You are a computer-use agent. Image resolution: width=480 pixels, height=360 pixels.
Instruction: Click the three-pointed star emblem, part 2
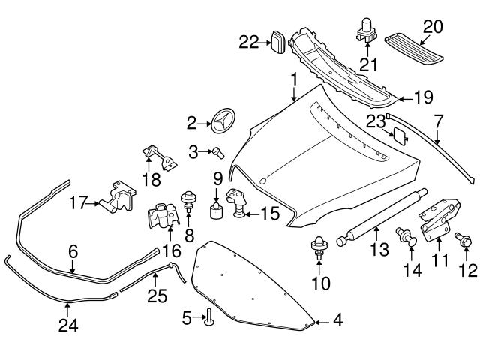pos(223,121)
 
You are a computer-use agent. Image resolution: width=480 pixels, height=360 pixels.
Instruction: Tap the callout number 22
pos(248,42)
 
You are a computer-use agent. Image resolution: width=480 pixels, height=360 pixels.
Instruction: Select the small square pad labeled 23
pos(400,136)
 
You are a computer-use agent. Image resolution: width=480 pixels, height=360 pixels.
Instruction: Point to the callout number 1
pos(294,78)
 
